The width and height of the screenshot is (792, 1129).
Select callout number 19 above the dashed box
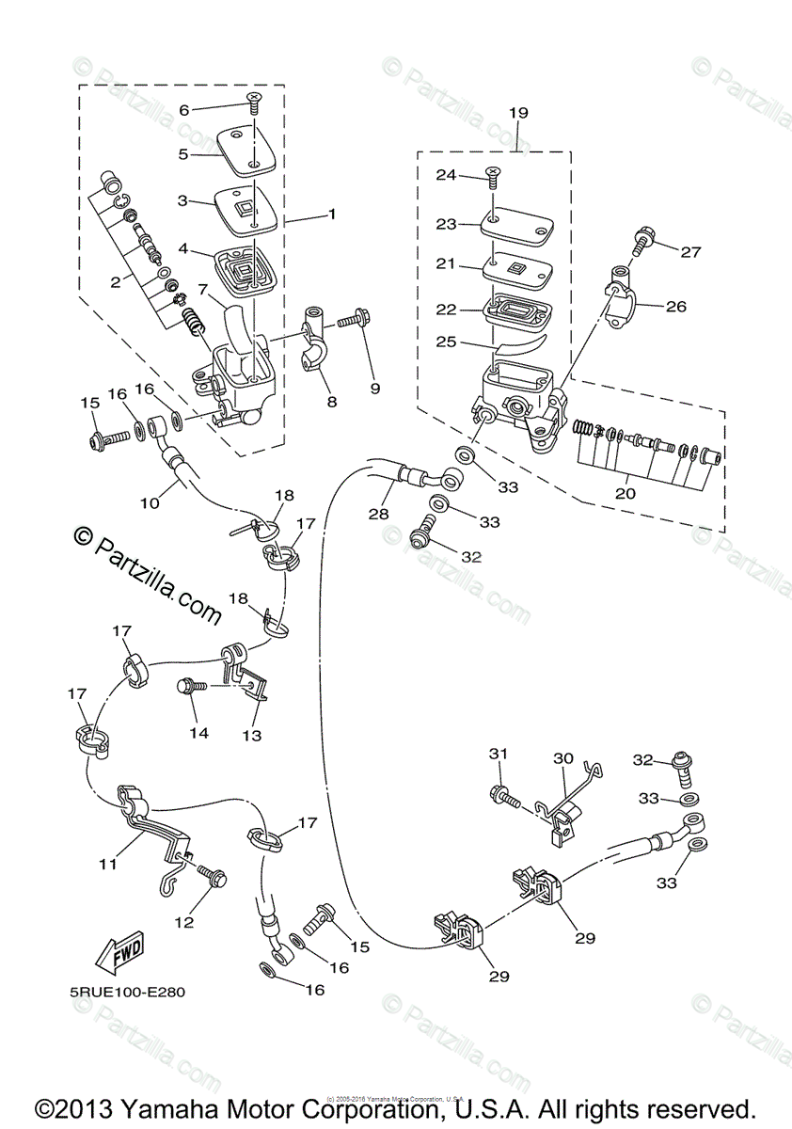click(518, 113)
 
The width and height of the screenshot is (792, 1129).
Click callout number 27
click(691, 251)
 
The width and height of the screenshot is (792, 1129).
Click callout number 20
click(626, 492)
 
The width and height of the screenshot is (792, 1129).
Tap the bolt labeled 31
click(504, 798)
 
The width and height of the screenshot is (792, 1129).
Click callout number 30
click(562, 758)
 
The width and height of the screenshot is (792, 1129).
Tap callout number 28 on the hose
click(378, 514)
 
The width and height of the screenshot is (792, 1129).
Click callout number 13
click(252, 735)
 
